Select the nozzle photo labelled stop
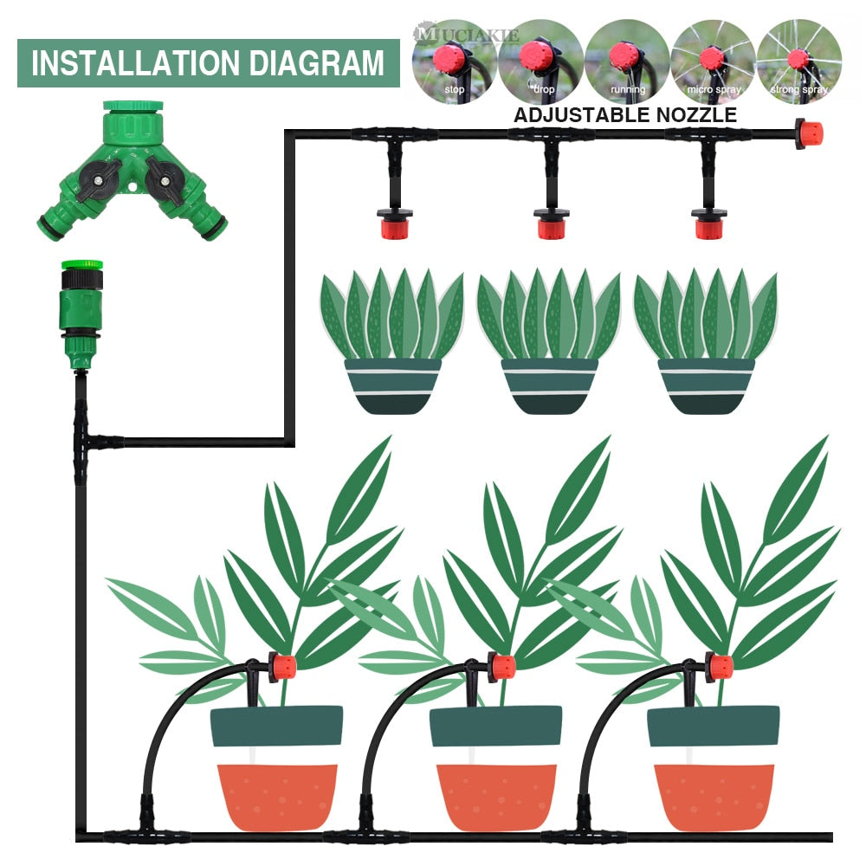[x=453, y=60]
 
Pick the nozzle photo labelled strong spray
[x=798, y=60]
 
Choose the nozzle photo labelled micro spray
[x=712, y=60]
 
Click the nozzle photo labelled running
[x=626, y=60]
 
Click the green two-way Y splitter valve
[x=132, y=173]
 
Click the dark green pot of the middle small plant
[x=549, y=386]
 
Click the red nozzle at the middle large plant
[x=501, y=668]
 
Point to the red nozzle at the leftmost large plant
[x=282, y=668]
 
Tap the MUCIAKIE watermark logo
[x=468, y=36]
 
